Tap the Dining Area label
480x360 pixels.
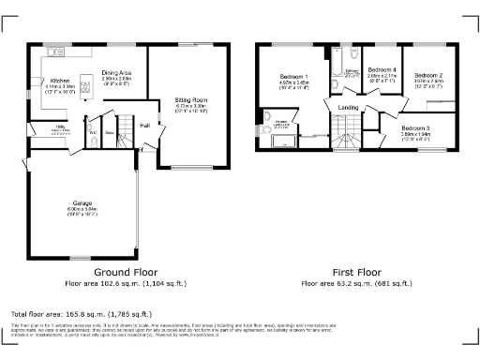point(116,73)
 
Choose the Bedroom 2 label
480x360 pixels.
point(428,74)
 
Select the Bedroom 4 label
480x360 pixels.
point(382,70)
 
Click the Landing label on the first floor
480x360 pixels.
point(348,108)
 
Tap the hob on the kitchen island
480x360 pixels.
point(87,89)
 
